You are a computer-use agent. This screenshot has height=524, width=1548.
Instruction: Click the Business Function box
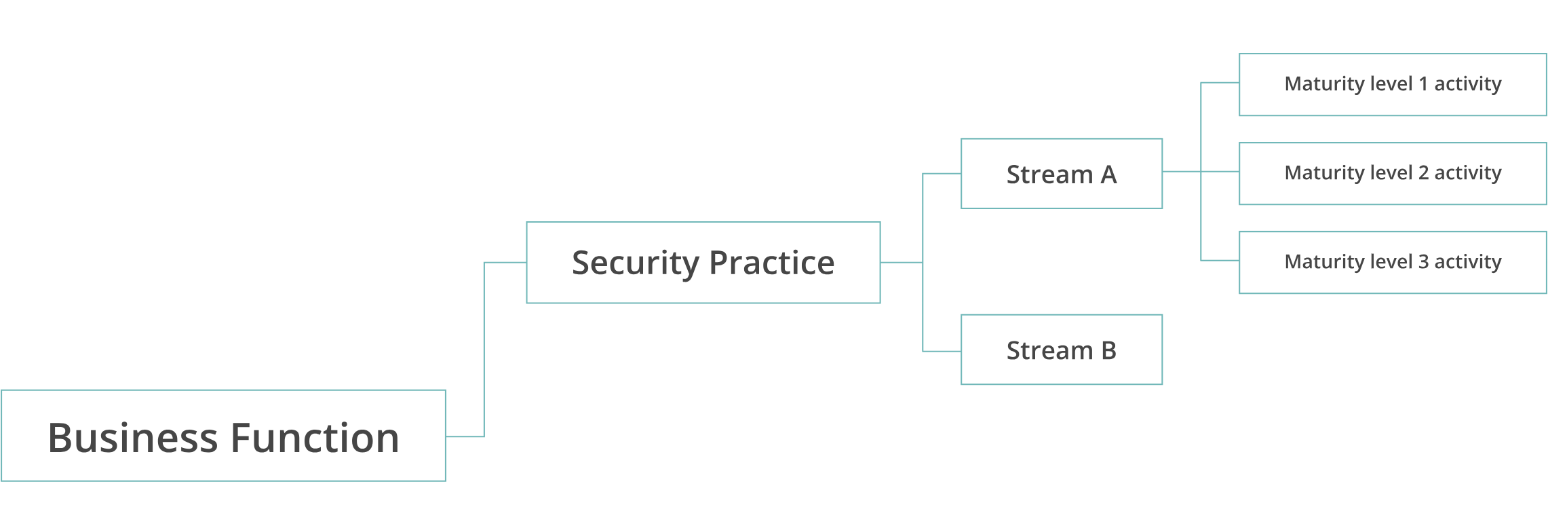point(223,436)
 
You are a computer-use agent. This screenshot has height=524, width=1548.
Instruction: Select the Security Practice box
point(703,262)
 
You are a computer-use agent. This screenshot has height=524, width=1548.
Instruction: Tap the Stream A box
point(1061,174)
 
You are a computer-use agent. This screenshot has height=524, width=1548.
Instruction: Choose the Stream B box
point(1061,350)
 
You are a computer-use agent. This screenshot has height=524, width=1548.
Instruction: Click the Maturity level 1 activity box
point(1392,84)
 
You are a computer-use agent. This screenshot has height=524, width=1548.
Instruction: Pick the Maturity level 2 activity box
point(1392,173)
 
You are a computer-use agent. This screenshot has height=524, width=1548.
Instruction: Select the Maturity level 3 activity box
point(1392,262)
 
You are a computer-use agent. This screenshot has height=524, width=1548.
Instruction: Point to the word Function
point(315,438)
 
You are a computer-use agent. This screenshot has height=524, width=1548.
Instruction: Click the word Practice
point(772,263)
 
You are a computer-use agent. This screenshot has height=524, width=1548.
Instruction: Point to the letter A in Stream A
point(1108,175)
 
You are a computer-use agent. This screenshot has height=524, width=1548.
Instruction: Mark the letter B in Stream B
point(1109,351)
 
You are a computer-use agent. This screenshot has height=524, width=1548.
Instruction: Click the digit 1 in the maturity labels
point(1423,84)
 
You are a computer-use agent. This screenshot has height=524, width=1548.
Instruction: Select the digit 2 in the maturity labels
point(1423,173)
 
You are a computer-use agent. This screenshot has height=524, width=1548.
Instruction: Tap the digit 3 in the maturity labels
point(1423,262)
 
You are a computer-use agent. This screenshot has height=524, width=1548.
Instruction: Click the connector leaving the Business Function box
point(465,436)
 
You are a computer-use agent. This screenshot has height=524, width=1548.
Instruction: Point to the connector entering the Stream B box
point(942,351)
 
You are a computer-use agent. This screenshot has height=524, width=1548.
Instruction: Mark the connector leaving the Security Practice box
point(901,262)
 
